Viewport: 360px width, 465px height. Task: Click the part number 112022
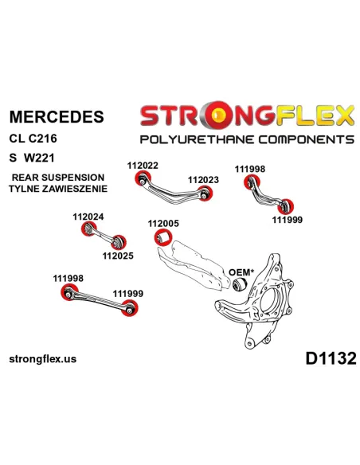(x=143, y=166)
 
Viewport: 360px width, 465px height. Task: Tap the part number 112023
(x=203, y=180)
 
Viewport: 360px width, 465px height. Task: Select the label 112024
(x=88, y=217)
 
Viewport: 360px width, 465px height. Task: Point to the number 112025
(x=118, y=256)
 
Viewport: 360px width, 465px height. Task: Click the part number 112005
(x=163, y=223)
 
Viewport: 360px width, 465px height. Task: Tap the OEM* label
(x=241, y=272)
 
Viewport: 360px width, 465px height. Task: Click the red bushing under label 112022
(x=143, y=178)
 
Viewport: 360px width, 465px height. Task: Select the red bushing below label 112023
(x=205, y=193)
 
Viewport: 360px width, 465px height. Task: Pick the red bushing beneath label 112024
(x=88, y=229)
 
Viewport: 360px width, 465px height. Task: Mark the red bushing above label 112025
(x=119, y=242)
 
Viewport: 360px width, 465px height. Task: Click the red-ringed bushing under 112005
(x=163, y=237)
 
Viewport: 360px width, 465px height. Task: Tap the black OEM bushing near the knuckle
(x=240, y=285)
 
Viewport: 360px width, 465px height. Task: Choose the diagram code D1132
(x=331, y=358)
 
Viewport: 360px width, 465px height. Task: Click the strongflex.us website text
(x=43, y=359)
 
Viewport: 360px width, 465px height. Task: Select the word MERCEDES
(x=57, y=116)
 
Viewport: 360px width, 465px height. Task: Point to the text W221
(x=40, y=158)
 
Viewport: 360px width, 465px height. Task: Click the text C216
(x=43, y=139)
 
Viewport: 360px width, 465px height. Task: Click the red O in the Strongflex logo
(x=219, y=115)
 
